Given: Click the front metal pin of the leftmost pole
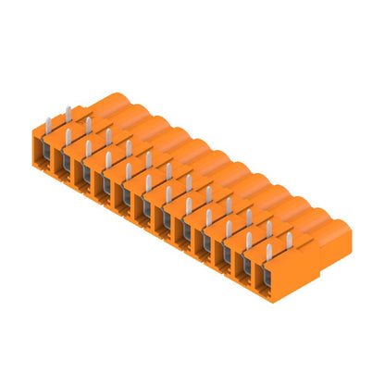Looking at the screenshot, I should pos(48,124).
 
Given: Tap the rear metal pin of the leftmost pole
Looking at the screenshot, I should pos(68,113).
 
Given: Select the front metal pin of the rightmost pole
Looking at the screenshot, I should pos(268,252).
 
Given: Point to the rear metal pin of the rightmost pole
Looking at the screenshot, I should pos(289,240).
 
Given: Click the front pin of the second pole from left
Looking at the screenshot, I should pos(68,137).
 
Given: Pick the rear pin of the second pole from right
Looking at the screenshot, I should pos(269,228).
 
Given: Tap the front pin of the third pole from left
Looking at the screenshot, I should pos(88,149).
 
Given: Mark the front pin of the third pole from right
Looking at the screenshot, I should pos(229,227).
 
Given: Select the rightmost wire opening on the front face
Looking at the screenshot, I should pos(271,279).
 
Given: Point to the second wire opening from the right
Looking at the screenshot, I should pos(251,267).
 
